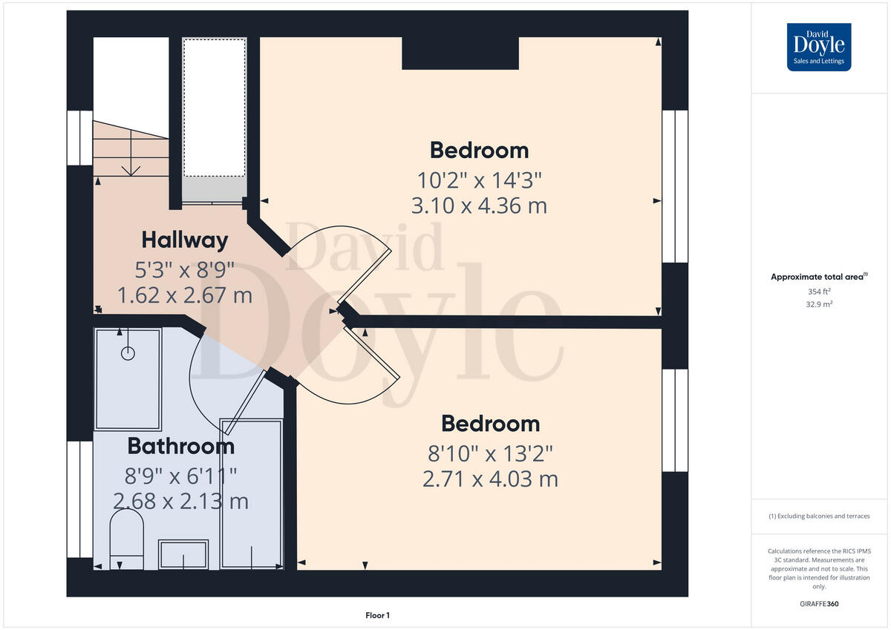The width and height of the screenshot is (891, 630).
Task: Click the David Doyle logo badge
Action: pos(819,47)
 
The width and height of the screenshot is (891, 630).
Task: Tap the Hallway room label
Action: pos(184,240)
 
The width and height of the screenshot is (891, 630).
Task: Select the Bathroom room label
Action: pos(180,446)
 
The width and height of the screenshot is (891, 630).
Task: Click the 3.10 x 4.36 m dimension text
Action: pos(479,206)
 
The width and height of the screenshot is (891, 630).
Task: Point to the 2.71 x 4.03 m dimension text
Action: pos(490,479)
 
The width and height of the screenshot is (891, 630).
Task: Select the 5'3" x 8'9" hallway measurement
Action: pos(184,269)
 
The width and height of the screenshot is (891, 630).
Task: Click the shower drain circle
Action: pos(128,353)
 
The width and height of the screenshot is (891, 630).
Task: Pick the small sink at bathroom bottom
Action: pos(183,554)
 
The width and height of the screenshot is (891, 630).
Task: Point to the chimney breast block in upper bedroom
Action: pos(460,53)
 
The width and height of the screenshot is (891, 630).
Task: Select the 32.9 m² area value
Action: pos(819,303)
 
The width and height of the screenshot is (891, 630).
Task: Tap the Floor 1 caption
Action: pos(377,615)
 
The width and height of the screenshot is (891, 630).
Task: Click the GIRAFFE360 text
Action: pos(818,604)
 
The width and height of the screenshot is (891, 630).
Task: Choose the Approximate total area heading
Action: pos(818,277)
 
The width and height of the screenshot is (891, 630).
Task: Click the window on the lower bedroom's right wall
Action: pos(674,420)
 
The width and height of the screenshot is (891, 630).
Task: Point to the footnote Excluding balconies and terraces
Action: pos(819,516)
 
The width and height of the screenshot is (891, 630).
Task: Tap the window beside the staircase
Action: pos(79,138)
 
